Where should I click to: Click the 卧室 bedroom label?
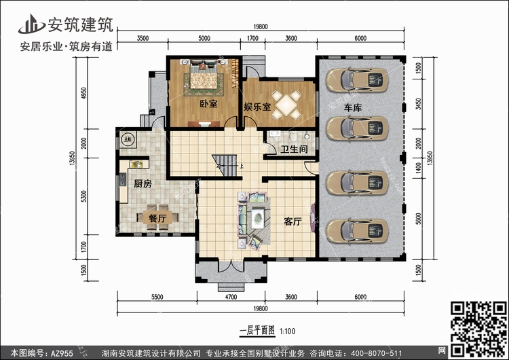click(x=208, y=105)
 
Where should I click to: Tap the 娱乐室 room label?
click(x=257, y=107)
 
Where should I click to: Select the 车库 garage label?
click(x=352, y=108)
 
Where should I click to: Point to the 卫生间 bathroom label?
click(x=295, y=149)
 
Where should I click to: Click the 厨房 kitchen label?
click(x=142, y=183)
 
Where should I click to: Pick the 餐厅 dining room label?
click(x=147, y=219)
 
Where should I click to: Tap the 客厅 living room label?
click(x=293, y=221)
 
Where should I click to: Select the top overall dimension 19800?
click(x=261, y=26)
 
